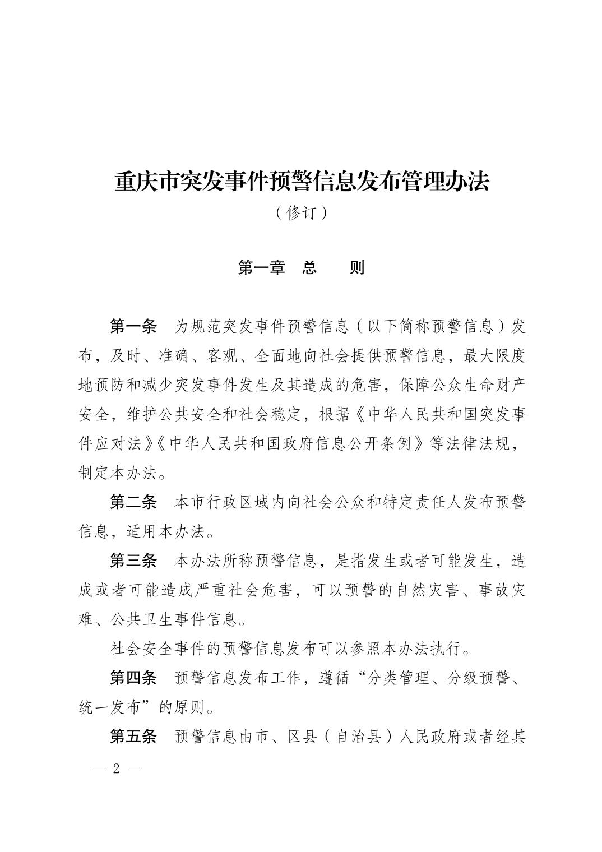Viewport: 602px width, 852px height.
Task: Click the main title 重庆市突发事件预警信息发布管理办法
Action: click(302, 181)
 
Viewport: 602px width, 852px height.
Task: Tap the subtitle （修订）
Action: click(301, 214)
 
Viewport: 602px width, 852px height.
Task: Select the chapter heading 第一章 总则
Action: click(301, 267)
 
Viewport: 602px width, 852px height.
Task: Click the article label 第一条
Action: click(133, 326)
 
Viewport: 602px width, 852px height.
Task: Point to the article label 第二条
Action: click(133, 502)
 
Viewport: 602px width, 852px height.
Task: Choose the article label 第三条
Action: click(133, 561)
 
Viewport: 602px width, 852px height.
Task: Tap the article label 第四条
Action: click(133, 678)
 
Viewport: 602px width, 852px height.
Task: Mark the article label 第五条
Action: click(133, 737)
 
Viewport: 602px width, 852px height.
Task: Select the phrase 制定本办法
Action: click(117, 473)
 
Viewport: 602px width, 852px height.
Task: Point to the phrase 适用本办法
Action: click(159, 531)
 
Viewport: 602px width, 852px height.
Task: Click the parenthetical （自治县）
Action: click(357, 737)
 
